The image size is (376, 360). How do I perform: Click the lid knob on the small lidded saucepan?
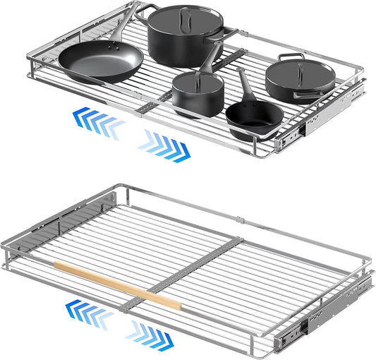tap(197, 76)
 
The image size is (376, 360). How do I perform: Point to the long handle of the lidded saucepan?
tap(209, 56)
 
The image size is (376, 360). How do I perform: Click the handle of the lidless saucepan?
tap(247, 85)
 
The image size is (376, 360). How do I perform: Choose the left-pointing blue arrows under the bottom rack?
tap(88, 312)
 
